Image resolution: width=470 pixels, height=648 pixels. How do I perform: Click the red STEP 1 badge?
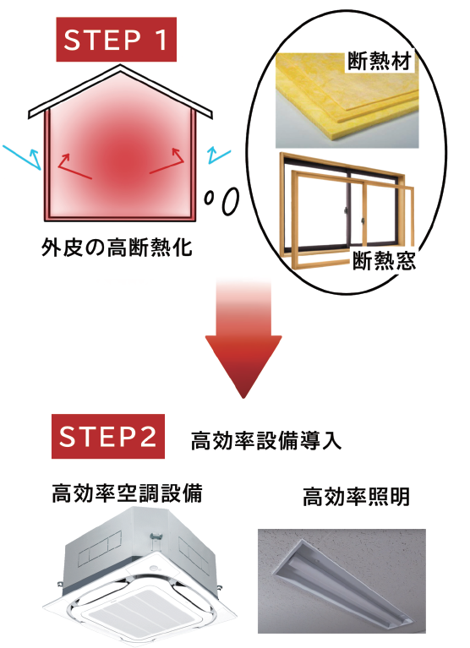tap(116, 39)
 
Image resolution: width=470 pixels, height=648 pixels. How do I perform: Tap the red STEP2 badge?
tap(108, 436)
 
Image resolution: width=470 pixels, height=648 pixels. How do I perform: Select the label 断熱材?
tap(380, 61)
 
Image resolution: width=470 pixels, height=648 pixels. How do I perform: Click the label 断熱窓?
tap(384, 261)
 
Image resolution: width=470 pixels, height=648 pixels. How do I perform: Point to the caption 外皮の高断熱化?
tap(117, 248)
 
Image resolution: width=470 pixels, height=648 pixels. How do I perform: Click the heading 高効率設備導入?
tap(266, 440)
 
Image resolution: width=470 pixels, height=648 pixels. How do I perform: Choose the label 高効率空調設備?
tap(127, 493)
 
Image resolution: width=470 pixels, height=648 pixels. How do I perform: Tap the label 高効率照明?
tap(357, 496)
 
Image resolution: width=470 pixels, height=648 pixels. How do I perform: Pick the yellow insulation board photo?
tap(347, 100)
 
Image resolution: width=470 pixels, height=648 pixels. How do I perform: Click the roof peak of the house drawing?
tap(120, 66)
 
